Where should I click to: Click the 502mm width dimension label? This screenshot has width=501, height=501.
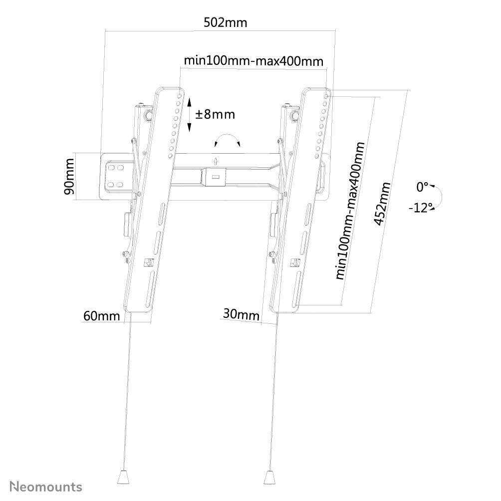tap(225, 23)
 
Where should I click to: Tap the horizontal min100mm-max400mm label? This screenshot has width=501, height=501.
tap(254, 60)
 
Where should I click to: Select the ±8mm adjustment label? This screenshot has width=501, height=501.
tap(215, 114)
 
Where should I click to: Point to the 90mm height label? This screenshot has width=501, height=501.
tap(69, 176)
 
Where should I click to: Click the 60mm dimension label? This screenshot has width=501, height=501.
tap(101, 316)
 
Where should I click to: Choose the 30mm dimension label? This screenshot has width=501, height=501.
tap(241, 315)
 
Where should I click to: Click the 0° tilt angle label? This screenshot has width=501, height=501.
tap(423, 187)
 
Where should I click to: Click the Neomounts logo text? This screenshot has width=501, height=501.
tap(47, 486)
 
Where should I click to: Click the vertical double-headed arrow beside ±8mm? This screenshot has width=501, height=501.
tap(190, 114)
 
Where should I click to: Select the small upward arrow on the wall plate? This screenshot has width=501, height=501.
tap(215, 161)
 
